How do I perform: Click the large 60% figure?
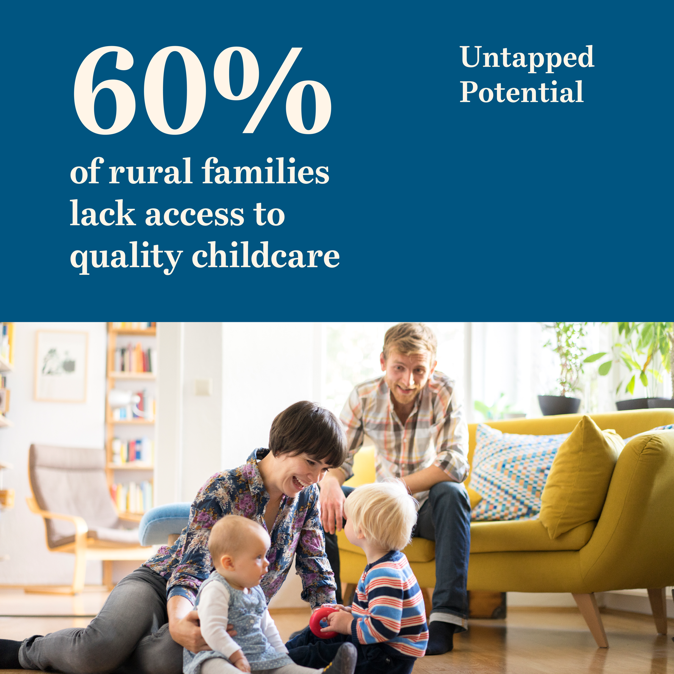click(202, 90)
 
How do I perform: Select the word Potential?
click(522, 92)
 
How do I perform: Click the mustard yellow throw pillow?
click(578, 476)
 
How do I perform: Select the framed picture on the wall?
click(61, 366)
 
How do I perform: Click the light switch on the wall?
click(203, 387)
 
